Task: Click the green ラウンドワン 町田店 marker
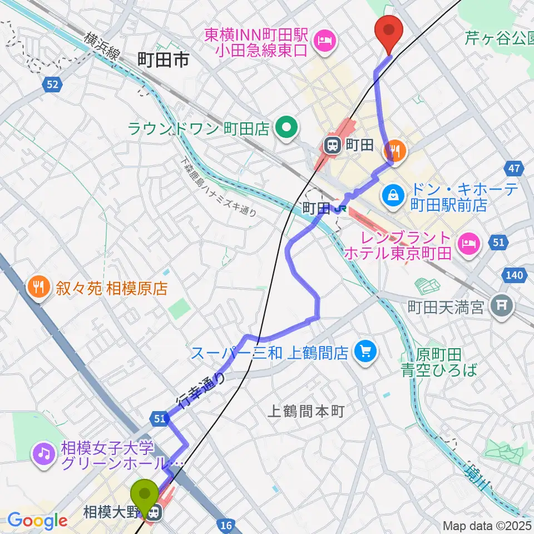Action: click(x=286, y=129)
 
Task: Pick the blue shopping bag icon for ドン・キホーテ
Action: click(x=393, y=195)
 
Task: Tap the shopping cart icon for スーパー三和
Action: click(x=365, y=351)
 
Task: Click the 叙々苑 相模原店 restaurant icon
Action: click(x=38, y=288)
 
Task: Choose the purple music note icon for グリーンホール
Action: click(x=43, y=454)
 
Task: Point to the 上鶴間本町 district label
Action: click(x=306, y=412)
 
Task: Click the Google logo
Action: click(x=38, y=521)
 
